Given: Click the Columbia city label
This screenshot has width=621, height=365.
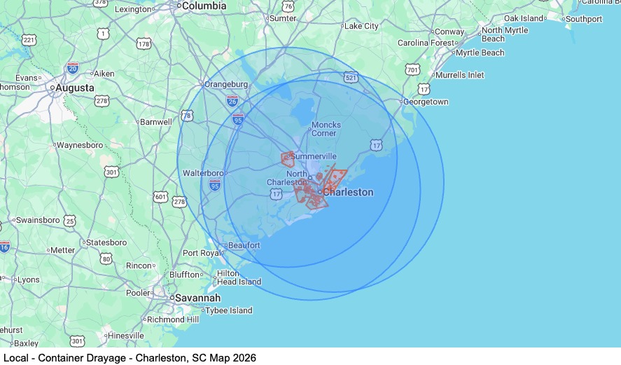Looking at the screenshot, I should click(x=204, y=6).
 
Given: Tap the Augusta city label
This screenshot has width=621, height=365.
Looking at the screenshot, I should click(x=75, y=88).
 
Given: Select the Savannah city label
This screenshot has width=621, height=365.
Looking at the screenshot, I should click(x=197, y=298).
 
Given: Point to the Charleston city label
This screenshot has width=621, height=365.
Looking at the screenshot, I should click(x=348, y=192).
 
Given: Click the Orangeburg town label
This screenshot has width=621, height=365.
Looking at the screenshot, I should click(x=226, y=84).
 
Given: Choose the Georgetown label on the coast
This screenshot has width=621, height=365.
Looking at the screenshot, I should click(x=427, y=102).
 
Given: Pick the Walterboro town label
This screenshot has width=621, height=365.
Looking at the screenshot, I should click(x=203, y=173).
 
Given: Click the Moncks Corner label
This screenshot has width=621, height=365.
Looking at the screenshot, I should click(x=326, y=129).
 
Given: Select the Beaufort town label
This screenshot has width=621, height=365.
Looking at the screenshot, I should click(x=244, y=245).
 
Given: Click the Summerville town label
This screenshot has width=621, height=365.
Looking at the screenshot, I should click(x=314, y=156).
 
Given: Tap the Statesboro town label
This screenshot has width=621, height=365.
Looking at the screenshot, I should click(x=106, y=242).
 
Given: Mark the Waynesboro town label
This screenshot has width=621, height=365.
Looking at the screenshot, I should click(x=79, y=145).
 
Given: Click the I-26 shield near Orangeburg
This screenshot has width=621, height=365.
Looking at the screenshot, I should click(x=232, y=100).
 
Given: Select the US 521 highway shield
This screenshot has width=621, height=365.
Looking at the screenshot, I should click(x=351, y=78).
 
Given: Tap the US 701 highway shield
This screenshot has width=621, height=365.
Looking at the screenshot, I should click(x=412, y=70).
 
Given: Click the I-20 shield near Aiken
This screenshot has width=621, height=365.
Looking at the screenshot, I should click(x=73, y=68).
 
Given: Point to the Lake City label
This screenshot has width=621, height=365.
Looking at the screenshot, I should click(x=361, y=26).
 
